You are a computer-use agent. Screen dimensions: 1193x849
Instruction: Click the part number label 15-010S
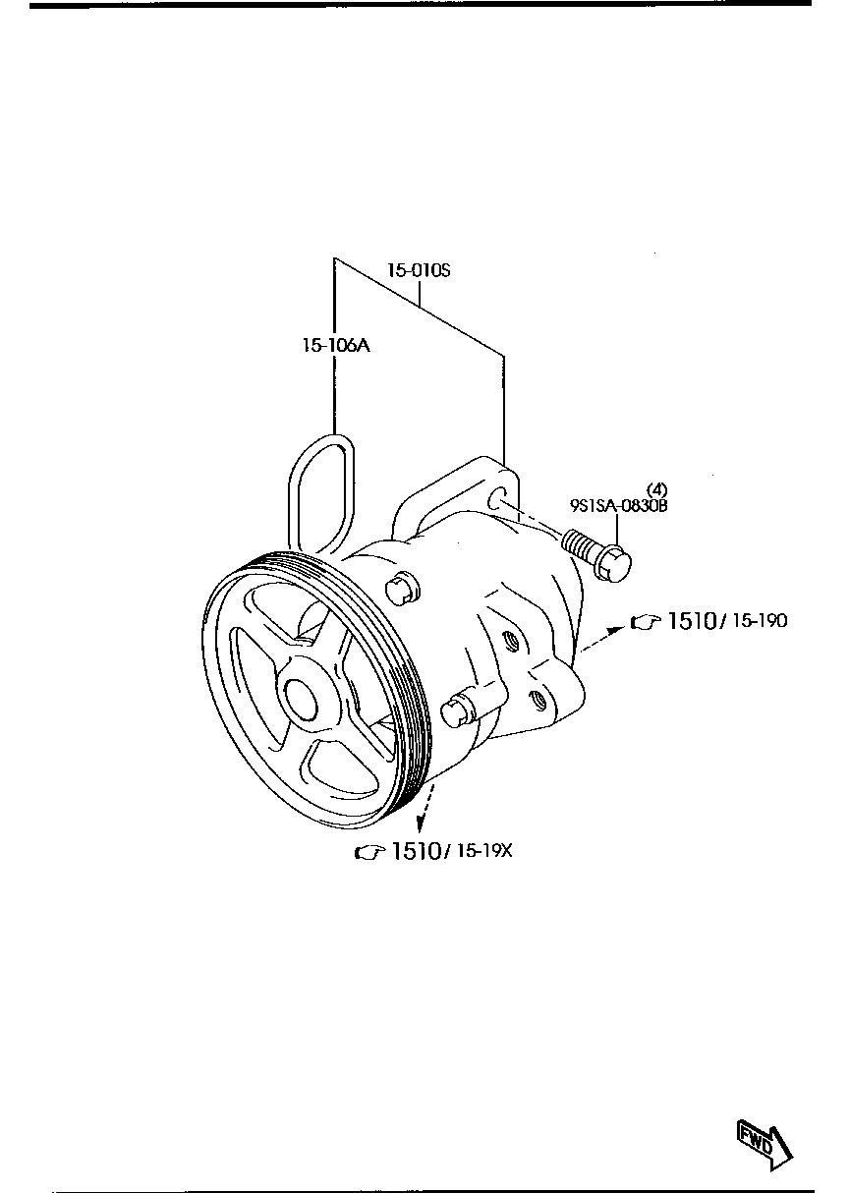tap(418, 270)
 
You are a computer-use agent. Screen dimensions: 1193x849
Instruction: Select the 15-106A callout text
tap(336, 345)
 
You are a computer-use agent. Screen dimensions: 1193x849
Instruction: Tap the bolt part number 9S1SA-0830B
tap(618, 506)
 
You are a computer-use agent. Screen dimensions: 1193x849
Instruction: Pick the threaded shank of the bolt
tap(582, 543)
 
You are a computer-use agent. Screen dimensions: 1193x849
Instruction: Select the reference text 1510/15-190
tap(726, 620)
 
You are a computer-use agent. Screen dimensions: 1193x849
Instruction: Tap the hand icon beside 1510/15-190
tap(645, 621)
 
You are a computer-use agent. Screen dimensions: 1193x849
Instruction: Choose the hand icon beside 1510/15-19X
tap(368, 852)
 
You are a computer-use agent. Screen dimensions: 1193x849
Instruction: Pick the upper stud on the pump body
tap(399, 588)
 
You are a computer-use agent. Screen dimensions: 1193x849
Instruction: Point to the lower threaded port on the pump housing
tap(537, 701)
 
